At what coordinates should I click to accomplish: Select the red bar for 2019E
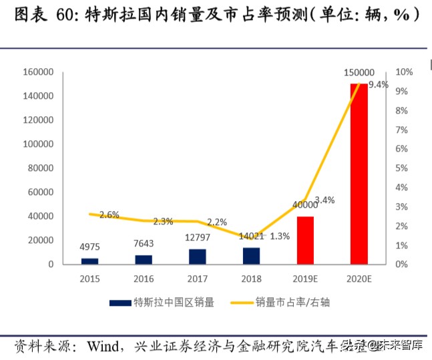pyautogui.click(x=305, y=240)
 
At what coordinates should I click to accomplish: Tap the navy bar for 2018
pyautogui.click(x=251, y=256)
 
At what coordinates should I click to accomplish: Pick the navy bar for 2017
pyautogui.click(x=198, y=256)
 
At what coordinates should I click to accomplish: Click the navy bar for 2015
pyautogui.click(x=90, y=261)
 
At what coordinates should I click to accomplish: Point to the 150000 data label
pyautogui.click(x=359, y=72)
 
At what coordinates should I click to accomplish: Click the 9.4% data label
pyautogui.click(x=379, y=85)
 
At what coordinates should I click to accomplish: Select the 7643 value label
pyautogui.click(x=144, y=244)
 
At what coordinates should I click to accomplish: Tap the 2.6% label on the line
pyautogui.click(x=109, y=215)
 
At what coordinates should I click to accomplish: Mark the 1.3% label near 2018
pyautogui.click(x=280, y=236)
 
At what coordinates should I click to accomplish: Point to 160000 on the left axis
pyautogui.click(x=38, y=72)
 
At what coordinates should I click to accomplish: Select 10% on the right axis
pyautogui.click(x=404, y=72)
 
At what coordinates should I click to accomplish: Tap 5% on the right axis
pyautogui.click(x=402, y=168)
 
